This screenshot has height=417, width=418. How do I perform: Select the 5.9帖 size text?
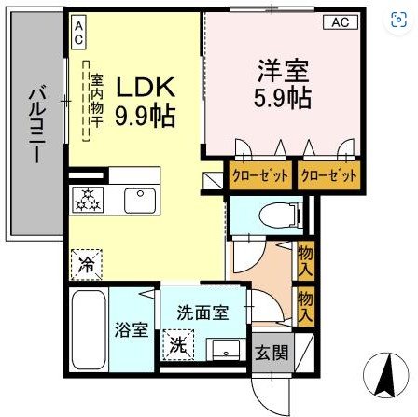[x=279, y=96]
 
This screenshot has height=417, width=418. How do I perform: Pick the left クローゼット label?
[x=260, y=175]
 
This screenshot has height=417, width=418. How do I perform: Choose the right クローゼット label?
[x=329, y=175]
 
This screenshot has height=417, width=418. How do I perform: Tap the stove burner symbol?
[x=89, y=199]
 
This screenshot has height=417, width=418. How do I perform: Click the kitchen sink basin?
[x=142, y=199]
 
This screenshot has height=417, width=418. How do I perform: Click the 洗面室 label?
[x=202, y=314]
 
